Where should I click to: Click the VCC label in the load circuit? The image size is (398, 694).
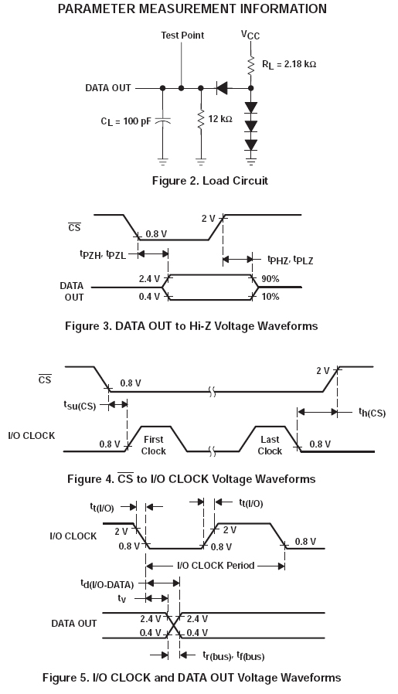[x=250, y=35]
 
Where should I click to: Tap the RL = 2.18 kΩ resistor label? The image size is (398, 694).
[x=289, y=65]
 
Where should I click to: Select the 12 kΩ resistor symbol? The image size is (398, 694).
[x=201, y=119]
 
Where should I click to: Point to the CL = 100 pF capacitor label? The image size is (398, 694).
[x=126, y=121]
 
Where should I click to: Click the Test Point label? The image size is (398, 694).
[x=182, y=36]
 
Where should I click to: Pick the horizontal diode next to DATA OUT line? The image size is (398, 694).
[x=222, y=88]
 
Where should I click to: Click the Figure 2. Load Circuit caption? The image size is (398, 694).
[x=210, y=181]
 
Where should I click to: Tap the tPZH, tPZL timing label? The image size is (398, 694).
[x=103, y=254]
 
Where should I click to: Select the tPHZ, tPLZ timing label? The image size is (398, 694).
[x=290, y=260]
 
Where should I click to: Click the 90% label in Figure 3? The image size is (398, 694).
[x=270, y=279]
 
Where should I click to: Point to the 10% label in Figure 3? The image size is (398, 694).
[x=270, y=297]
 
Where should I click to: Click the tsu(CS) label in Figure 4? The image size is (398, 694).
[x=80, y=405]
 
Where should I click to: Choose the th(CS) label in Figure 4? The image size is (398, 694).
[x=372, y=413]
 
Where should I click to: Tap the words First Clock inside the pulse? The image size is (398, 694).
[x=154, y=445]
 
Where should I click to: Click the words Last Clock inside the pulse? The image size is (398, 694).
[x=270, y=445]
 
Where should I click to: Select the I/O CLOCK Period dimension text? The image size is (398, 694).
[x=216, y=566]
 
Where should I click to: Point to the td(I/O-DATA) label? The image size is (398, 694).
[x=107, y=584]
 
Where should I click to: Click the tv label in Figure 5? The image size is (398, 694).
[x=122, y=598]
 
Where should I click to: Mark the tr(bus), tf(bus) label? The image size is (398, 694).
[x=233, y=655]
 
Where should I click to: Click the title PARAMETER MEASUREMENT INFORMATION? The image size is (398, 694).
[x=192, y=9]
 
